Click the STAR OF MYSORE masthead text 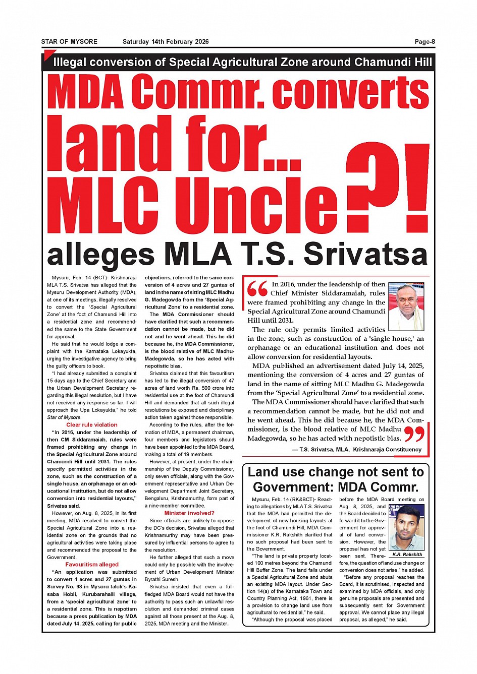69,42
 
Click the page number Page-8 425,42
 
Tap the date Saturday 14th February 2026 166,42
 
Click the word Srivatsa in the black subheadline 365,255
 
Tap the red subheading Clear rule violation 92,425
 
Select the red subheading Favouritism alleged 92,565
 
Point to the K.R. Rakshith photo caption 407,555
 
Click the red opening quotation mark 257,289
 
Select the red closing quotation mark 415,434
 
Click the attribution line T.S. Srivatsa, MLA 360,450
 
